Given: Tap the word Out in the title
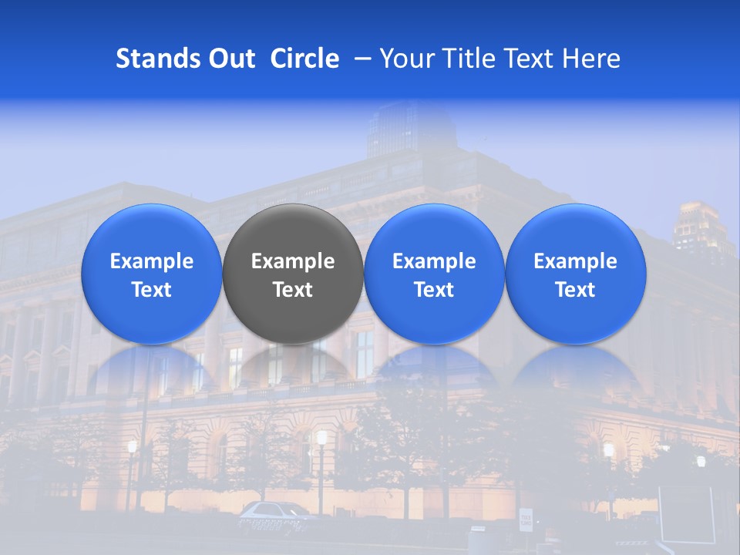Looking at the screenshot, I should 232,59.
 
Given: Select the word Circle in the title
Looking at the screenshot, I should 304,59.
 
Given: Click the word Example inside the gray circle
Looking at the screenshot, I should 293,261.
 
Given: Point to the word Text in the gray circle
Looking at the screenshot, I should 293,290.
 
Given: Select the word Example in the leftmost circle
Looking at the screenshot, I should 151,261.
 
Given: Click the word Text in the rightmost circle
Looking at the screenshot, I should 576,290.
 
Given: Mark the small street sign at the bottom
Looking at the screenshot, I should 526,520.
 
